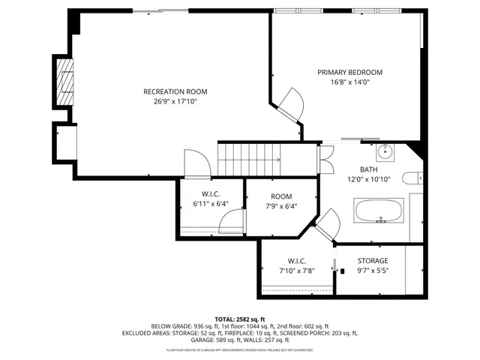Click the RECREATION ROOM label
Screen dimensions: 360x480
coord(175,91)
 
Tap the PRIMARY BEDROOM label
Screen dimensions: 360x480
coord(349,72)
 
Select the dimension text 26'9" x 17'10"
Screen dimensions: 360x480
coord(175,101)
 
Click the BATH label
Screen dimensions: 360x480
coord(367,169)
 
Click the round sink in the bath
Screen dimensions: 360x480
coord(385,151)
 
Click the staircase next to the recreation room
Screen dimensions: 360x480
coord(247,158)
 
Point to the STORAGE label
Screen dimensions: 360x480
coord(372,261)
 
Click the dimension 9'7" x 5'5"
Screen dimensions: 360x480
coord(372,271)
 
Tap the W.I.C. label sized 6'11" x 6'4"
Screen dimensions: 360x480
coord(209,194)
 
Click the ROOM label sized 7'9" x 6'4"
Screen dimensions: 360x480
coord(281,196)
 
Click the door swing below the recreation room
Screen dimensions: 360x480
coord(196,163)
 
